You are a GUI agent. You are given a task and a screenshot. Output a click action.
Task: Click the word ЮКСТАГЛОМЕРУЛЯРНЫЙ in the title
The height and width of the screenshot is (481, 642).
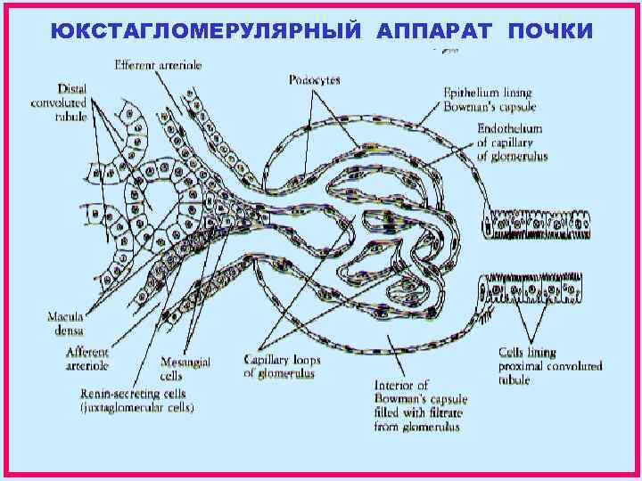(208, 31)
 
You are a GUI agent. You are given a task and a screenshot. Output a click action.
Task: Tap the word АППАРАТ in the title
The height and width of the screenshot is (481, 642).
(436, 31)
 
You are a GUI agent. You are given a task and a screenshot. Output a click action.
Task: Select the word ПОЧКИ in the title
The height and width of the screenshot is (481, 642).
(547, 31)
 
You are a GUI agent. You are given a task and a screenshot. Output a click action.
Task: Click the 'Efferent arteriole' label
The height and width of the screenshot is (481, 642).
(158, 65)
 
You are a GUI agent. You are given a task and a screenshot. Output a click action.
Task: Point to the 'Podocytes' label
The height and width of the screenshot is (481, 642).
(314, 80)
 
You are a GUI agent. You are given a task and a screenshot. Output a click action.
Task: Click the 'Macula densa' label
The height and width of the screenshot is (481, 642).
(68, 322)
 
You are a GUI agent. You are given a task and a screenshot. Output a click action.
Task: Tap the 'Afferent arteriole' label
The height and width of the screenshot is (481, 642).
(88, 359)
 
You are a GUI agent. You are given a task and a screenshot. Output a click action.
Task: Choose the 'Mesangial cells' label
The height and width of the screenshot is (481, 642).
(184, 369)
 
